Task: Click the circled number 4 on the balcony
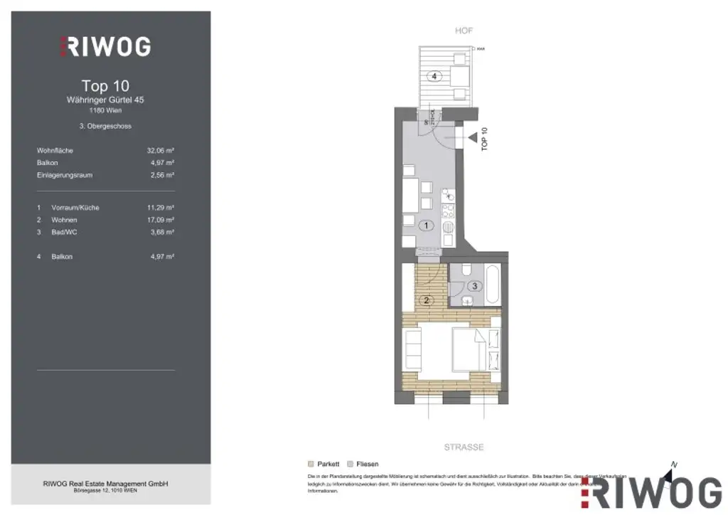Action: click(433, 75)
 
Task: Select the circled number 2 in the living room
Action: click(427, 299)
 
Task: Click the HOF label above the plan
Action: click(464, 31)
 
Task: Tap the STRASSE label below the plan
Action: click(464, 447)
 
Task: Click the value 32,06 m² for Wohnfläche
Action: click(160, 151)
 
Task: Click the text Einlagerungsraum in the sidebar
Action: click(65, 175)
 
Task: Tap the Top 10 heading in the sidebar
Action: click(105, 86)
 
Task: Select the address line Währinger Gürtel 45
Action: click(105, 100)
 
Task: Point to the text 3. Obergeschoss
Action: click(105, 126)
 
